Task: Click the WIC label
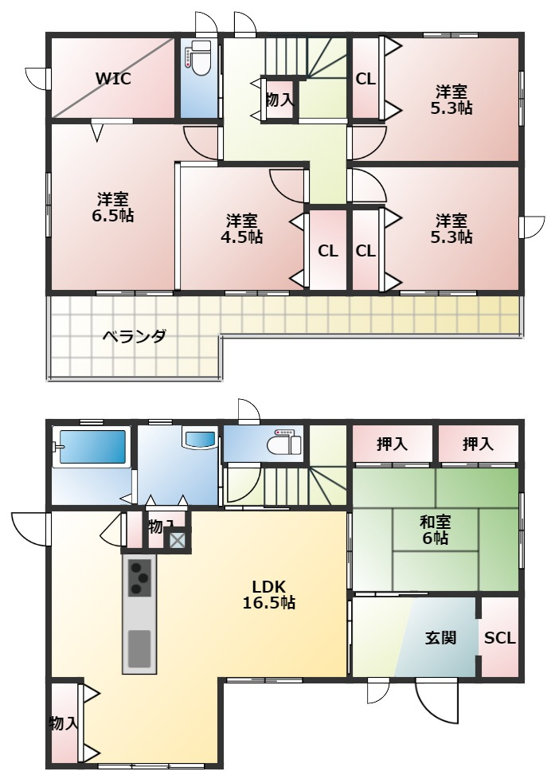click(x=113, y=78)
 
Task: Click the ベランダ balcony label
click(x=134, y=336)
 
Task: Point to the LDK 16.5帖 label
click(x=268, y=594)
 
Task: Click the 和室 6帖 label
click(x=436, y=530)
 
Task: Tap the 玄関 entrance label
click(x=440, y=638)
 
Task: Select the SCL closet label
click(x=500, y=638)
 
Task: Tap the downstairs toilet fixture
click(x=282, y=443)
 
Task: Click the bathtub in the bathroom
click(x=91, y=448)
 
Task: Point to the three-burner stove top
click(x=140, y=577)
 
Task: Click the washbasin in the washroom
click(x=199, y=439)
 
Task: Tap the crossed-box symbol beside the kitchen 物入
click(x=177, y=541)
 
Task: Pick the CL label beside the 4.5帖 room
click(x=327, y=251)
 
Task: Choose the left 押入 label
click(x=393, y=444)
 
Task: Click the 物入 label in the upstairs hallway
click(x=279, y=100)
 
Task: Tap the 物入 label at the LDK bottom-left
click(x=64, y=723)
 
